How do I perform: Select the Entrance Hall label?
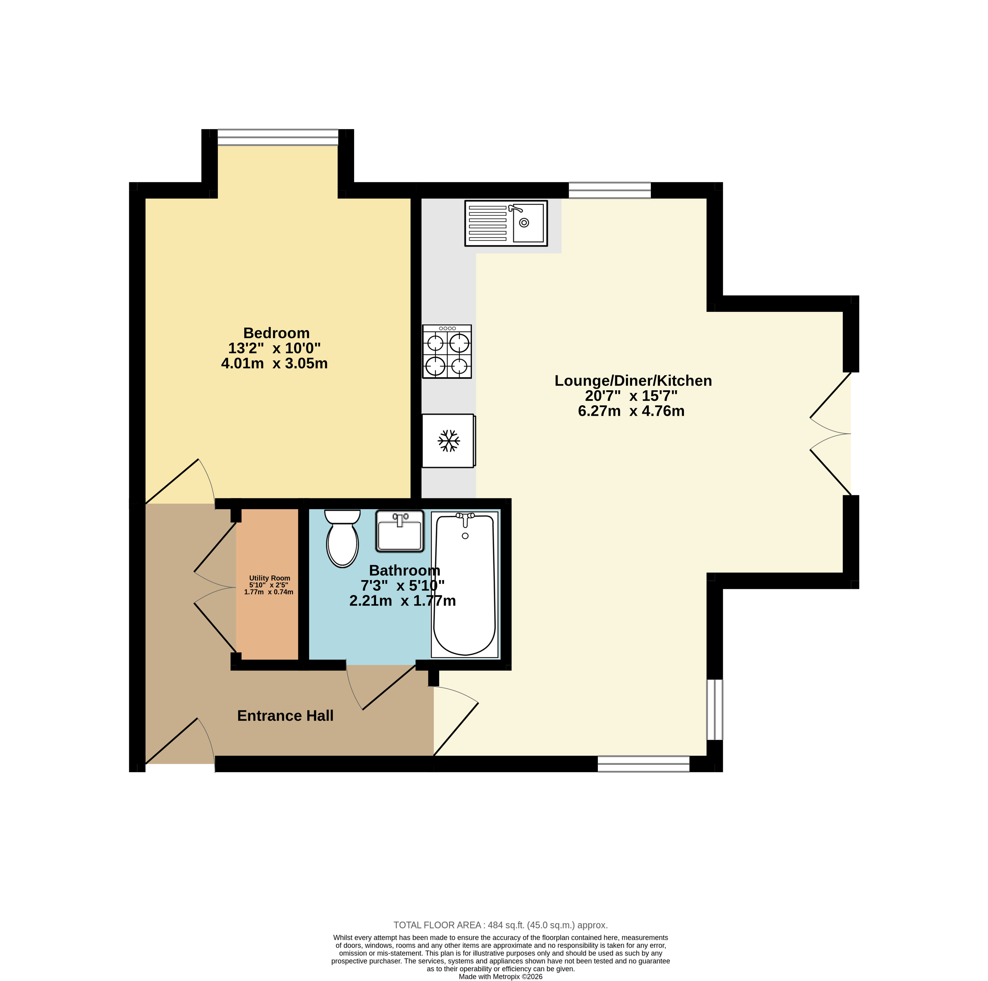coord(285,716)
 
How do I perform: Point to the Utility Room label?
coord(270,578)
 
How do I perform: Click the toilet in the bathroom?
coord(342,538)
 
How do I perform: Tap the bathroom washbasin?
coord(400,531)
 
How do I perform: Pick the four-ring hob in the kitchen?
coord(447,352)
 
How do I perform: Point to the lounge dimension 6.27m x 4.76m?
coord(631,411)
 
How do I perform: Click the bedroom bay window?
coord(278,137)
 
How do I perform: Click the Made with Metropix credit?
coord(501,976)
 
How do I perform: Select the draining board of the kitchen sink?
coord(488,223)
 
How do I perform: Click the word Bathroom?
coord(404,570)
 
